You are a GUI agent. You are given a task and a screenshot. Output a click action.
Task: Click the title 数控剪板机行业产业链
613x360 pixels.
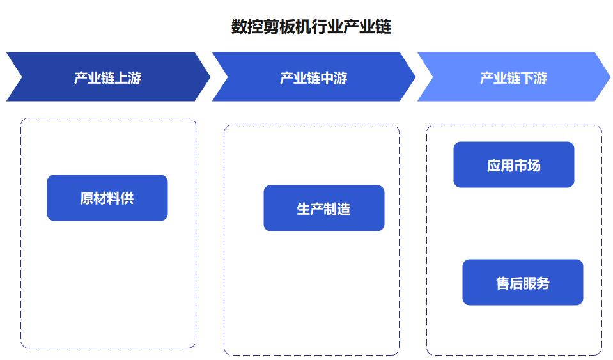pos(311,27)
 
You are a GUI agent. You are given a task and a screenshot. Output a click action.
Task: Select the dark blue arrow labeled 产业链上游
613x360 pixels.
pos(108,77)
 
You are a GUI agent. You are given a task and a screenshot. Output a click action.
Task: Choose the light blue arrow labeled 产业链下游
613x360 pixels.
pos(514,77)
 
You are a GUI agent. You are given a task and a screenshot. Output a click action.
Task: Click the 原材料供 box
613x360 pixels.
pos(107,198)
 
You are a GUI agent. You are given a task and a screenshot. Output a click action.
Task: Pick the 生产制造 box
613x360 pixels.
pos(323,208)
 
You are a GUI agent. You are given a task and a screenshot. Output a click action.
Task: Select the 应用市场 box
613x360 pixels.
pos(514,164)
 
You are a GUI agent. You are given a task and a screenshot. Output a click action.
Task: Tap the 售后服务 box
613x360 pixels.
pos(523,282)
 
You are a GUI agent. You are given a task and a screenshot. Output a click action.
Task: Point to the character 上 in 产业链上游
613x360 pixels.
pos(121,78)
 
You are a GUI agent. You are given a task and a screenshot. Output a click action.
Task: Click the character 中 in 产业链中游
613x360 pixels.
pos(327,78)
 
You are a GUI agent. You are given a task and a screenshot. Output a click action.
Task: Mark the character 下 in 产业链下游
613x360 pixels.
pos(527,78)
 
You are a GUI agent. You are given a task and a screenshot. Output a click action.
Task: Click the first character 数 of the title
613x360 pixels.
pos(239,27)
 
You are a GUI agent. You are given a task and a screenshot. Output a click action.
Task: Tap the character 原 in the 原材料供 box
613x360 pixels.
pos(87,198)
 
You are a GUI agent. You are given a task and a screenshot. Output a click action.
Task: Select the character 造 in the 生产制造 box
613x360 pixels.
pos(344,208)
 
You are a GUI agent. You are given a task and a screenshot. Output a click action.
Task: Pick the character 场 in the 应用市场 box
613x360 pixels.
pos(534,166)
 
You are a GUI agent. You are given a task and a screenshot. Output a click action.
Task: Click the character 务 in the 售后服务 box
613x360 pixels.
pos(543,283)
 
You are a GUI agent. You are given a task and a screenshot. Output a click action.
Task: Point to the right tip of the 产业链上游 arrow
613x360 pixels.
pos(210,77)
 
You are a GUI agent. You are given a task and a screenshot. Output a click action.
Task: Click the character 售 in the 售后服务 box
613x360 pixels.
pos(503,283)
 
